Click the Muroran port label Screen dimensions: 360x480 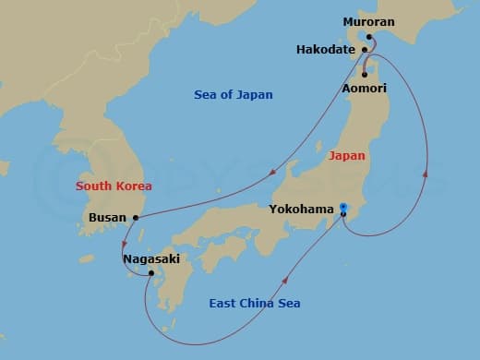pyautogui.click(x=367, y=21)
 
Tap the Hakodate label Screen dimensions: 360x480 pyautogui.click(x=326, y=49)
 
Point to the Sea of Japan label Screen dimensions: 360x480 pyautogui.click(x=234, y=94)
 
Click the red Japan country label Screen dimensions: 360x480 pyautogui.click(x=347, y=156)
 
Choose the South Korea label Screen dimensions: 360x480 pyautogui.click(x=114, y=186)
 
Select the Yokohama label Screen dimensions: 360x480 pyautogui.click(x=301, y=210)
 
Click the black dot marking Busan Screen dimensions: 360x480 pyautogui.click(x=136, y=218)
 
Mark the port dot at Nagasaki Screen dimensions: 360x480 pyautogui.click(x=151, y=273)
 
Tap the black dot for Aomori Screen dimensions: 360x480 pyautogui.click(x=365, y=74)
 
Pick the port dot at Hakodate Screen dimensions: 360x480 pyautogui.click(x=366, y=49)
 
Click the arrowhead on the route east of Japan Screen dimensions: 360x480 pyautogui.click(x=426, y=173)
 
